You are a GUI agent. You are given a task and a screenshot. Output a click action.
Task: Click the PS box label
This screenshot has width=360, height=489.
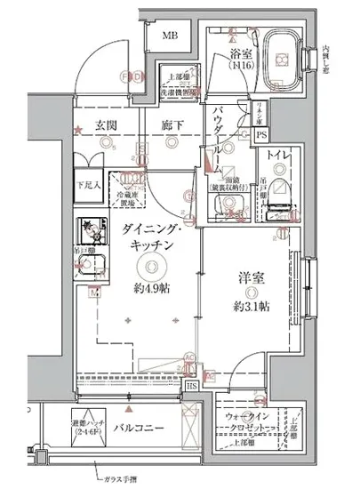(260, 134)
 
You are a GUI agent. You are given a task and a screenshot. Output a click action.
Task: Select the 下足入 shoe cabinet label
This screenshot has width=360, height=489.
(86, 184)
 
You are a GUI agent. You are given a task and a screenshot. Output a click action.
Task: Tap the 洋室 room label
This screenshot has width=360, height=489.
(250, 277)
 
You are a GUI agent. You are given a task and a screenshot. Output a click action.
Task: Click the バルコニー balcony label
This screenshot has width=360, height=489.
(140, 429)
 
